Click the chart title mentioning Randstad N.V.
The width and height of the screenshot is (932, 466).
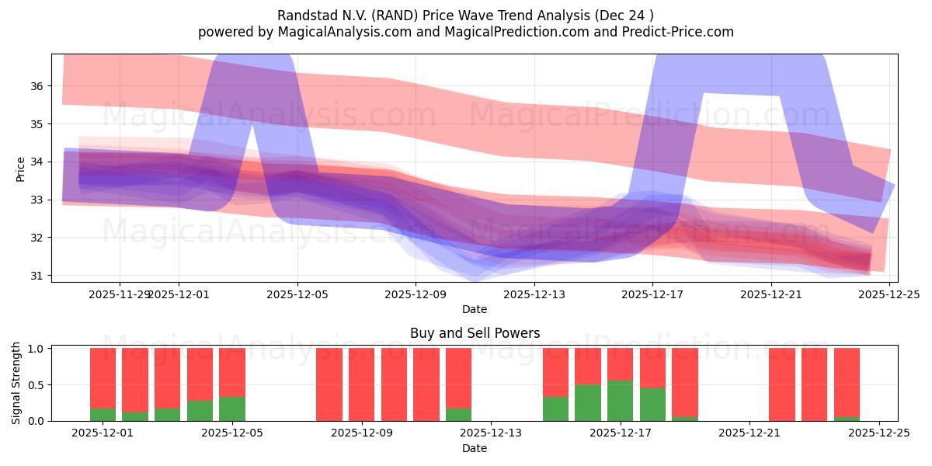[465, 15]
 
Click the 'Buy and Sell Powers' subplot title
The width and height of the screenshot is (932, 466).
[475, 333]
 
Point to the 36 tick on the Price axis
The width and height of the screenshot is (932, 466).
[37, 86]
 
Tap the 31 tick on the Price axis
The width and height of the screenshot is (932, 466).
[37, 276]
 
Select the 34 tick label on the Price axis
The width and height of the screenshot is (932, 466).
[37, 162]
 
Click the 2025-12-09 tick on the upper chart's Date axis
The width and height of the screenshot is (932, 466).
[416, 294]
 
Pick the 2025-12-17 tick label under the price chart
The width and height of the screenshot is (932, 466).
[652, 294]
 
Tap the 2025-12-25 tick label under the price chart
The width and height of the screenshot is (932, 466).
[889, 294]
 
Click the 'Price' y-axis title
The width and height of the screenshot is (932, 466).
[20, 169]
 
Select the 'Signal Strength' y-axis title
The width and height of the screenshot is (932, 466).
[16, 383]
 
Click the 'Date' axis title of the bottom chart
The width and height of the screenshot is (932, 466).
[475, 448]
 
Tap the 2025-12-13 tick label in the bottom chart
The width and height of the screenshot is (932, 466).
[491, 433]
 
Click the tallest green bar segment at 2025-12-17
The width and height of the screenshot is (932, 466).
[620, 401]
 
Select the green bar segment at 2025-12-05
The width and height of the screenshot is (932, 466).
[232, 409]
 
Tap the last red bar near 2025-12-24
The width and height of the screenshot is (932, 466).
[847, 381]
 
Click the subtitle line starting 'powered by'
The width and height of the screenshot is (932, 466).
[465, 32]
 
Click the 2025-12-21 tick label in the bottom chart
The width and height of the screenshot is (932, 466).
[749, 433]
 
